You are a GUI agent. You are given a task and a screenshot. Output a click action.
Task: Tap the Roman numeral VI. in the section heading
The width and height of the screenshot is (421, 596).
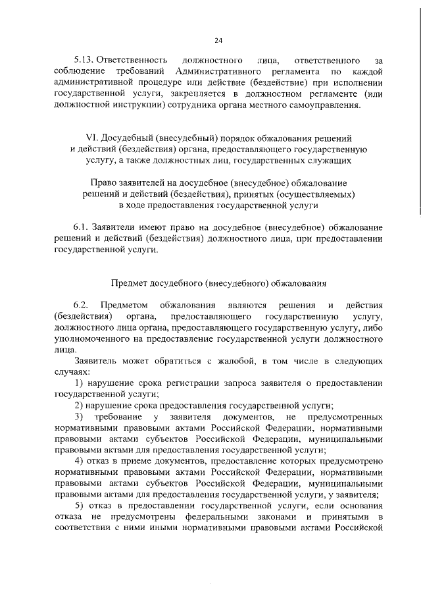93,138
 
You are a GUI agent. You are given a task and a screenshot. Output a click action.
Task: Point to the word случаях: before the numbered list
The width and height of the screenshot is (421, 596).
73,373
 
